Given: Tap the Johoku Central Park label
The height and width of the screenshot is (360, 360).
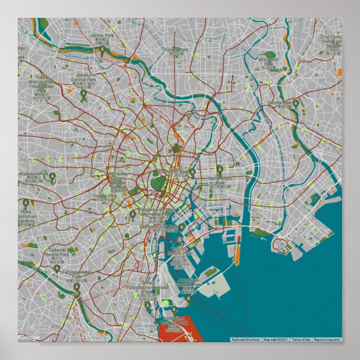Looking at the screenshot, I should pos(84,79).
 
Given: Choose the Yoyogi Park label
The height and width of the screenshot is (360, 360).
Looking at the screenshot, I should pos(105,196).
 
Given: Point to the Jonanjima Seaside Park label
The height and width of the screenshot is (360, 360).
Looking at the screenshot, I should pos(189,282).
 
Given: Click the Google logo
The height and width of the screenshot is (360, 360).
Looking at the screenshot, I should pos(30,337).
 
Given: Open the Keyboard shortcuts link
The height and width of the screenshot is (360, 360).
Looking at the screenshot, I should pos(245,339).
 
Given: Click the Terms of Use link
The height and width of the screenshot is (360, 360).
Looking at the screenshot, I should pos(301,339).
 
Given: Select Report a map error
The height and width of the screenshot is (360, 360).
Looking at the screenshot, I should pos(328,339).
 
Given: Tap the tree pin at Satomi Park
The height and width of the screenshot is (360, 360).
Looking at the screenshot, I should pos(295,103).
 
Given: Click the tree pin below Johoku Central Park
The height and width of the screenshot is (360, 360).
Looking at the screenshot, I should pos(84,96).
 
